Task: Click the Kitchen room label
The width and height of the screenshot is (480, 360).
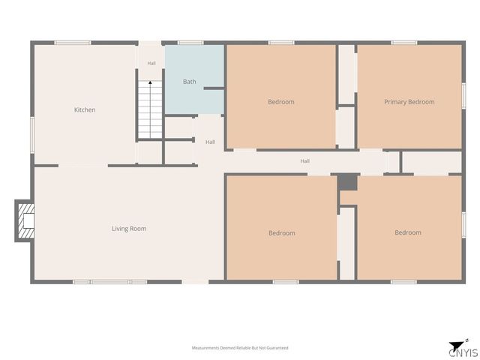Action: (x=85, y=109)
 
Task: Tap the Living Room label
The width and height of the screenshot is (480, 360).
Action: (x=129, y=229)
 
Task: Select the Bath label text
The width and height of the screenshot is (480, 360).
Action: (x=190, y=82)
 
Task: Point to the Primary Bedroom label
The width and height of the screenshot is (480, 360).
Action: (x=409, y=102)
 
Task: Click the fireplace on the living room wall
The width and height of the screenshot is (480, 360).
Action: (x=25, y=220)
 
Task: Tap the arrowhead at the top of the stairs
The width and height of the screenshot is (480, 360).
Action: (x=150, y=82)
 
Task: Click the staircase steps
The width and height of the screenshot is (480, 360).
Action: (x=150, y=109)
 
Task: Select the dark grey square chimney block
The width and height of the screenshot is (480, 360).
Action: (x=348, y=182)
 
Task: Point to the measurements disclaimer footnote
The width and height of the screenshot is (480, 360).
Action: (x=240, y=348)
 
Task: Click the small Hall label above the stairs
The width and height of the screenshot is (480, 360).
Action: (x=151, y=63)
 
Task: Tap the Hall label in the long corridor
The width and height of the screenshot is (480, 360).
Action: (x=305, y=161)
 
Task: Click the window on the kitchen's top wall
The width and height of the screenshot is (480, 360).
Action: (x=73, y=43)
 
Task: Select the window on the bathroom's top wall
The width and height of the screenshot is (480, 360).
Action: (x=190, y=43)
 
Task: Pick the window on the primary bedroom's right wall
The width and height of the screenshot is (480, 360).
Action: (x=463, y=95)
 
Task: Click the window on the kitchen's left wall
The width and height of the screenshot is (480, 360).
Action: (x=32, y=135)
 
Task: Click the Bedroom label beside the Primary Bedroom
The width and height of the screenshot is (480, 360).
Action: (x=281, y=102)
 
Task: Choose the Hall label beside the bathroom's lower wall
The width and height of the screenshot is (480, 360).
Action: (x=210, y=142)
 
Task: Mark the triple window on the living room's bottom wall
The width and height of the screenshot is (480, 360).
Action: (x=110, y=282)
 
